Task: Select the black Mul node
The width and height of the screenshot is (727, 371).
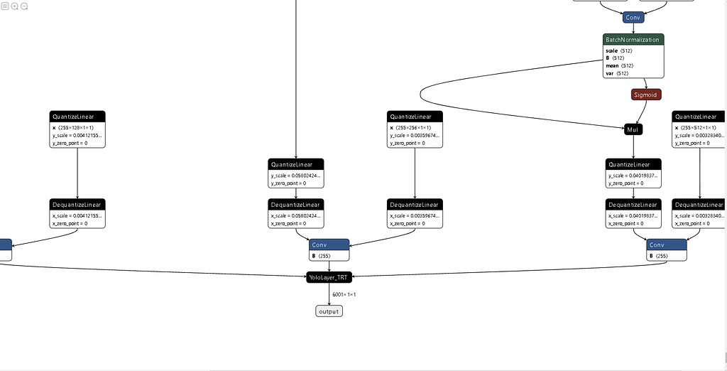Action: [x=633, y=129]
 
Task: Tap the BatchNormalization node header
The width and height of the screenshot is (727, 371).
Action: [x=633, y=40]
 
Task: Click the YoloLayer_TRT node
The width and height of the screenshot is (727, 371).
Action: [x=329, y=277]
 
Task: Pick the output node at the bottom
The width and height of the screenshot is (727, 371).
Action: [x=329, y=311]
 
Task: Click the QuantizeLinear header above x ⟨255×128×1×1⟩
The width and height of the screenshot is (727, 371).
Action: [x=77, y=117]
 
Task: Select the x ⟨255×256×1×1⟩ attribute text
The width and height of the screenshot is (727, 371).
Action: [x=415, y=127]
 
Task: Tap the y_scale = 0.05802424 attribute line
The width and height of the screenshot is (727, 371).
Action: [x=295, y=175]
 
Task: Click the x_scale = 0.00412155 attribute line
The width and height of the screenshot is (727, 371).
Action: [x=77, y=215]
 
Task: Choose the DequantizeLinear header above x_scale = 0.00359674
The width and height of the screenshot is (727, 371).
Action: [x=415, y=205]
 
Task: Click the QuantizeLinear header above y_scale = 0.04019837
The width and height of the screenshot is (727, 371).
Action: [x=633, y=164]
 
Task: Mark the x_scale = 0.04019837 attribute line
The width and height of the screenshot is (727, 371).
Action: [x=633, y=215]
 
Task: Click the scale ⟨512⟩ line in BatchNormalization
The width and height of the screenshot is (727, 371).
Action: [x=618, y=50]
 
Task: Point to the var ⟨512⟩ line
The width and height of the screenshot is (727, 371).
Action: [x=616, y=73]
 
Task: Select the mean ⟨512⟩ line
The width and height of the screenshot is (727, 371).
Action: [x=618, y=65]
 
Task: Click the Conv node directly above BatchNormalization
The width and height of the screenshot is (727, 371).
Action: [x=633, y=17]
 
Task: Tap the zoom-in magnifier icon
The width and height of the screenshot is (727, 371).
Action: [x=14, y=6]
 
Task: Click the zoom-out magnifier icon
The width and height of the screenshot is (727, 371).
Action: [x=24, y=6]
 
